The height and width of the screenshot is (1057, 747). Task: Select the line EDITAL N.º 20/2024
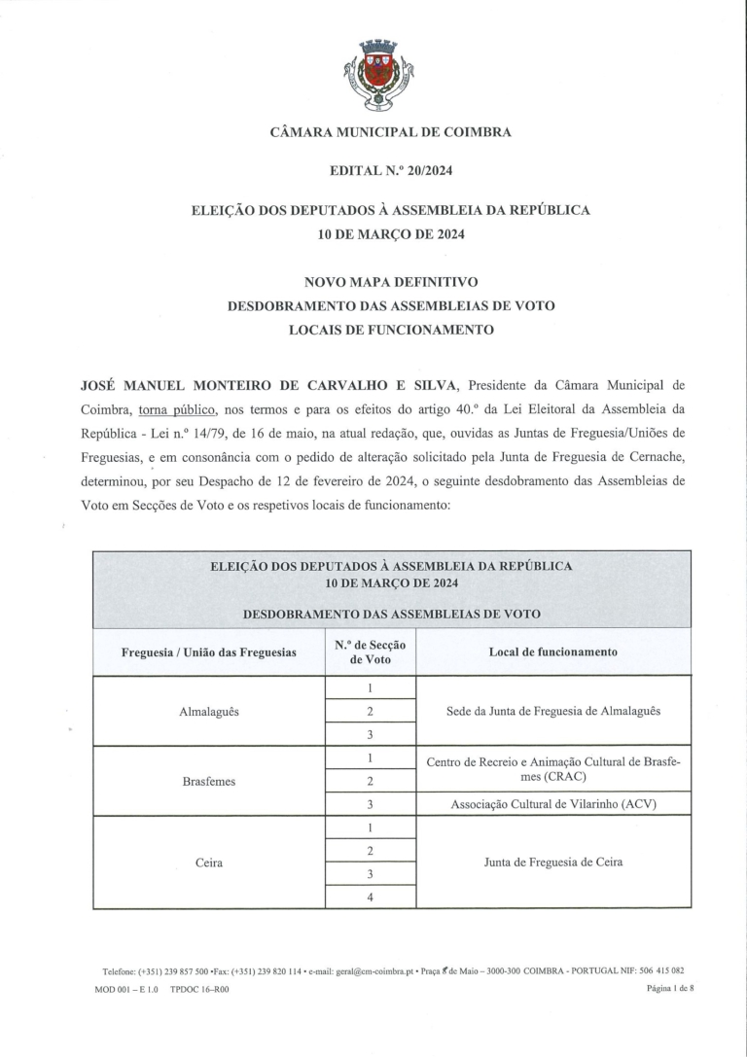point(390,171)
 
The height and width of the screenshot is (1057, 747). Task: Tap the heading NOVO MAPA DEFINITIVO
point(391,282)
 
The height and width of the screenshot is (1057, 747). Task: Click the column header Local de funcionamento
point(552,652)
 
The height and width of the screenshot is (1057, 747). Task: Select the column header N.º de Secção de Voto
point(370,652)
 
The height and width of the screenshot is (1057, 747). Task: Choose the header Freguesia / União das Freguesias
point(209,652)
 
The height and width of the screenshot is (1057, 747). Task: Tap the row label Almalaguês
point(209,711)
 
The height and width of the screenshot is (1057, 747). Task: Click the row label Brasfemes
point(209,781)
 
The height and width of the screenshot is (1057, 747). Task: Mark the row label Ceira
point(209,862)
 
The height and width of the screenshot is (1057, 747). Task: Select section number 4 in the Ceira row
point(370,897)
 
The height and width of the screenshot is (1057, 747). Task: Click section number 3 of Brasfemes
point(370,804)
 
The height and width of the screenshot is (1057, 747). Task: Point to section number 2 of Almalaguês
point(370,711)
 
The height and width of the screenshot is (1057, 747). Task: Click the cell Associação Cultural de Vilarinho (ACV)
point(552,804)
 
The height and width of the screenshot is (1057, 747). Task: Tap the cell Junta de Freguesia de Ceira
point(552,862)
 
